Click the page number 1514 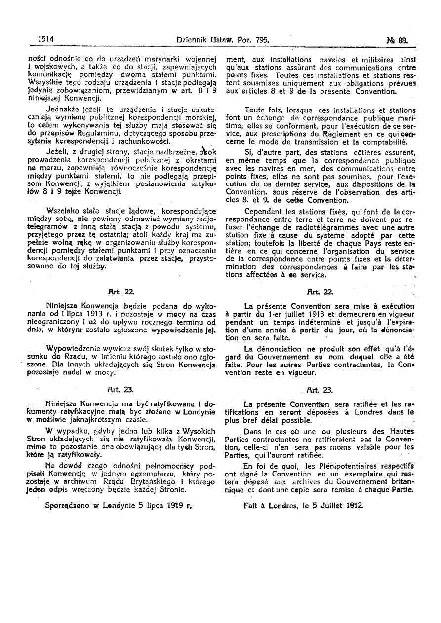click(x=45, y=38)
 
